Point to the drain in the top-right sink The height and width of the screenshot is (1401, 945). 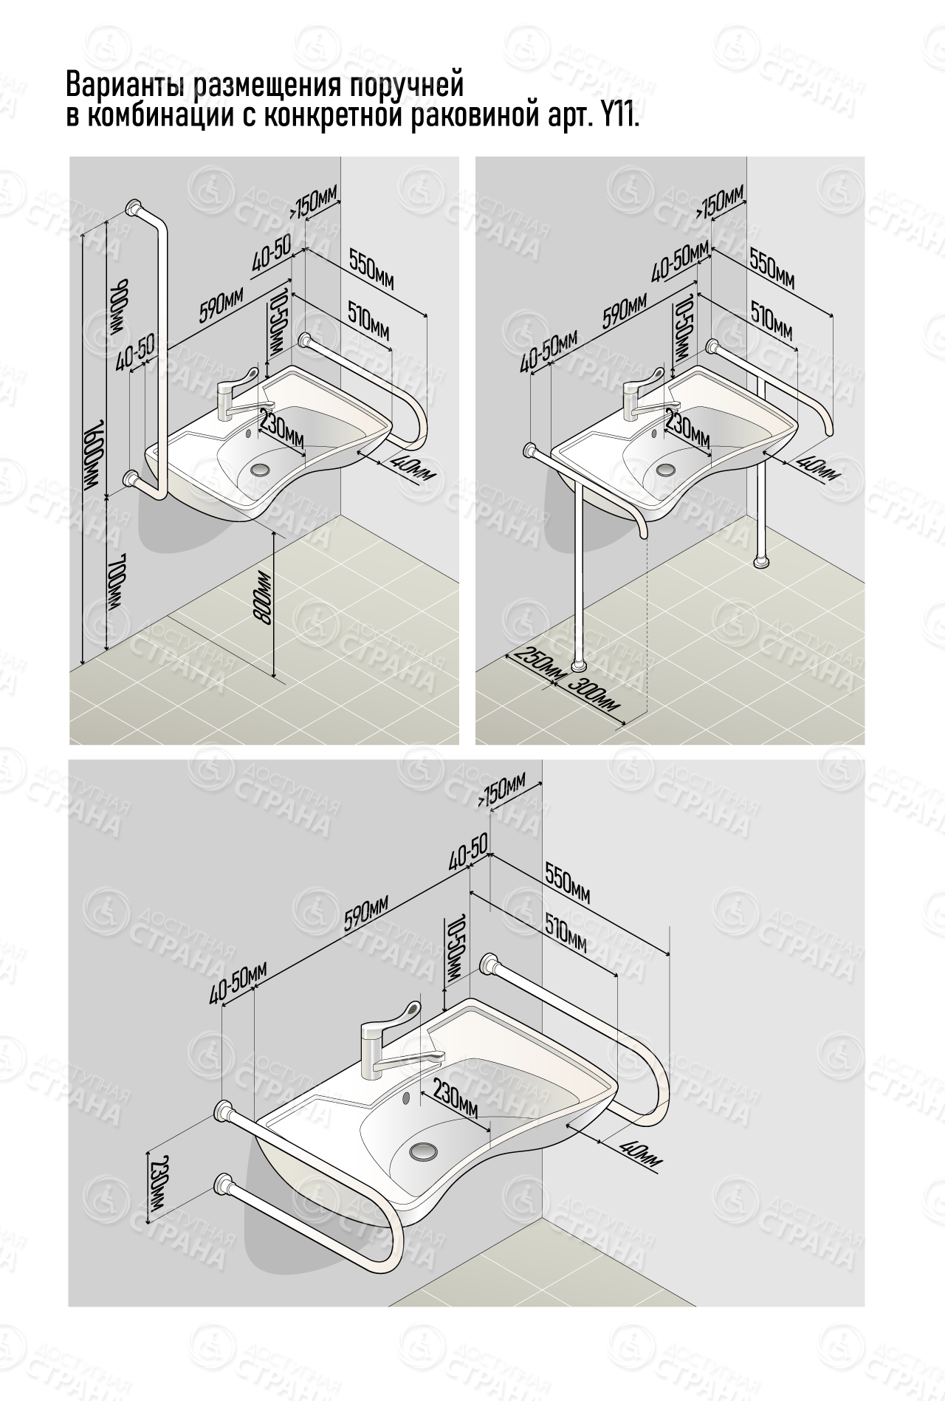[667, 468]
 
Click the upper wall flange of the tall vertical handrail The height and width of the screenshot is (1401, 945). [134, 206]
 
